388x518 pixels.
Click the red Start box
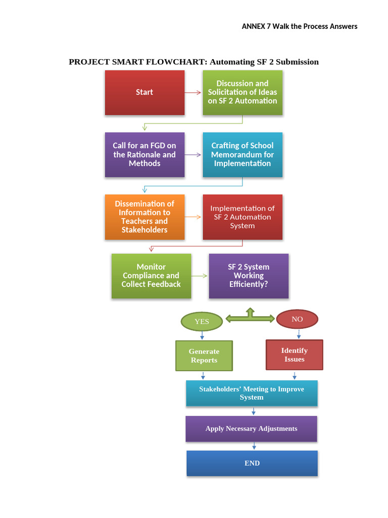(144, 92)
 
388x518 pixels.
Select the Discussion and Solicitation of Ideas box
(243, 92)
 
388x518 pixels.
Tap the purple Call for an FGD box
(144, 154)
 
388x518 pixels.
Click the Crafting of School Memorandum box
(243, 154)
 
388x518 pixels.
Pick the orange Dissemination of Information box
(144, 217)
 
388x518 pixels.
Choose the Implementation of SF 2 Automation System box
(243, 217)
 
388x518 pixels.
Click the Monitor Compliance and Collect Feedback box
(151, 276)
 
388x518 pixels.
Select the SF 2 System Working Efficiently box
(249, 276)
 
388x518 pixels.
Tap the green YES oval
(202, 321)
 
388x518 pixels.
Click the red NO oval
(297, 319)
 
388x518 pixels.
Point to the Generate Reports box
(204, 356)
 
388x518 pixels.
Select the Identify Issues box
(295, 355)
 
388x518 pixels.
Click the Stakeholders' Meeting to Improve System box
(252, 393)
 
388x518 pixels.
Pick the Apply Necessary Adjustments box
(251, 428)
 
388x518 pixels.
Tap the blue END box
(252, 463)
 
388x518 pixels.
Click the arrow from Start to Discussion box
(193, 93)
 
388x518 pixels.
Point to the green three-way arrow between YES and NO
(250, 317)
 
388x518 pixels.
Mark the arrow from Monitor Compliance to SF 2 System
(200, 276)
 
